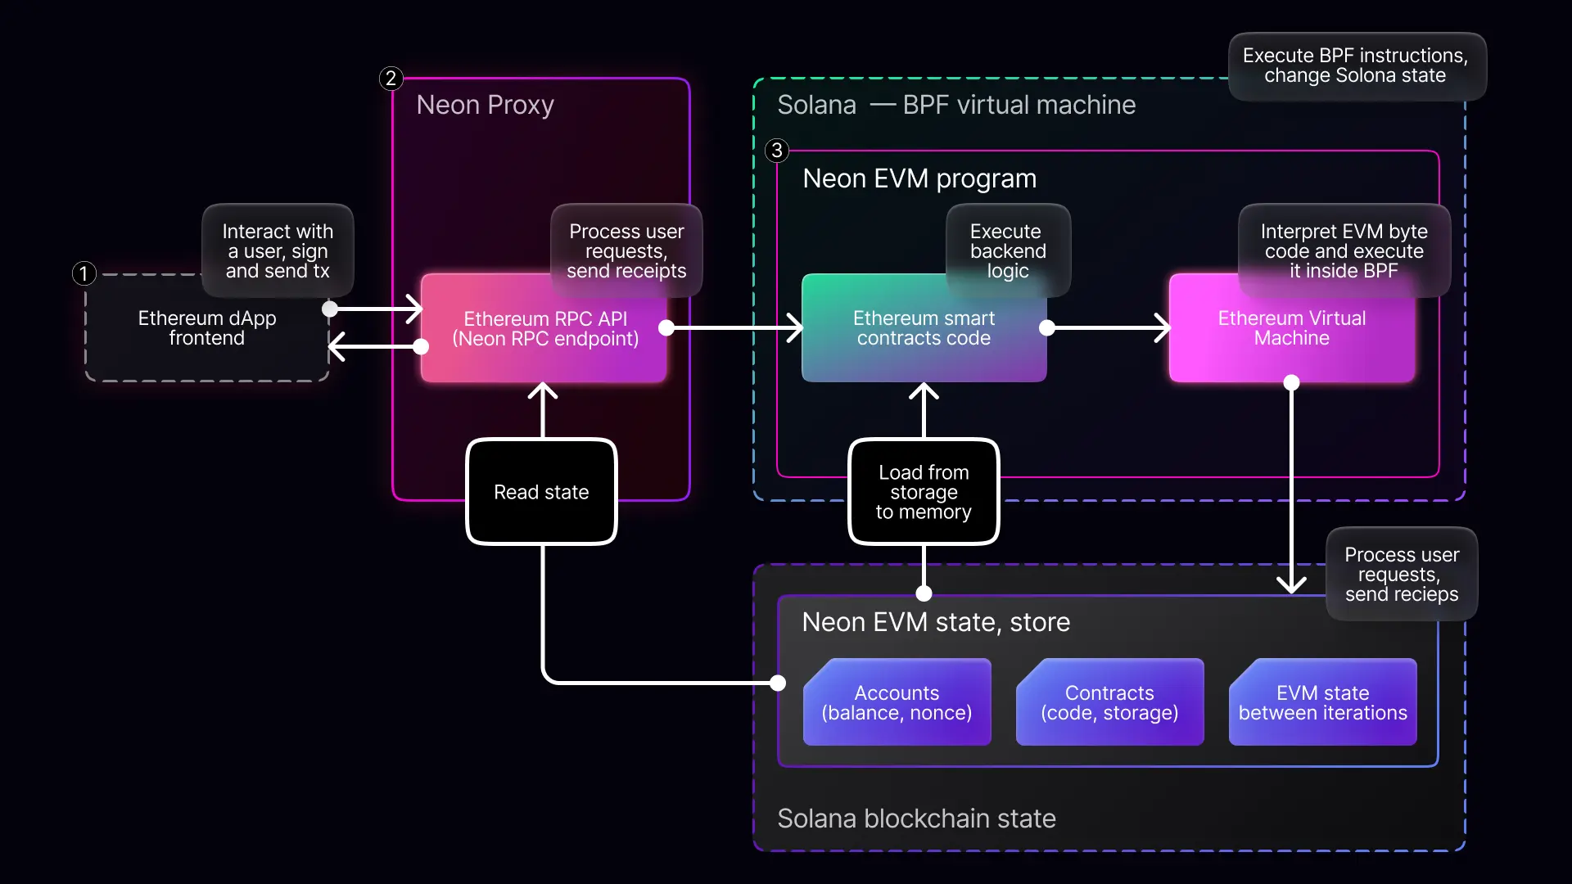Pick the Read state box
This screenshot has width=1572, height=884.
(x=541, y=492)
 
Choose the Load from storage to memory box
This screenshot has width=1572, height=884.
(x=924, y=492)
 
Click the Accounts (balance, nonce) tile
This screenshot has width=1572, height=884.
(x=897, y=702)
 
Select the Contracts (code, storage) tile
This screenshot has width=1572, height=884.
(x=1109, y=702)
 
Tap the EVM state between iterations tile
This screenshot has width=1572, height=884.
(x=1322, y=702)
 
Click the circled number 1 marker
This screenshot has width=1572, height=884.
(x=84, y=273)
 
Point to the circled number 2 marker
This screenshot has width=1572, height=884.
(x=391, y=79)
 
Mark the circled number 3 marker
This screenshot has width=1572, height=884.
(x=776, y=151)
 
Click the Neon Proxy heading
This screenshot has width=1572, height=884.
(x=485, y=105)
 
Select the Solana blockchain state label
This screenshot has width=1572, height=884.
(x=916, y=819)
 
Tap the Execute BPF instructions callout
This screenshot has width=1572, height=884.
(x=1355, y=65)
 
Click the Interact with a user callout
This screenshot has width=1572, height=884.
(x=278, y=250)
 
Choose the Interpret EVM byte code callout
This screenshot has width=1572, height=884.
(x=1344, y=250)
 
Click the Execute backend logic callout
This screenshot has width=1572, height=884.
(x=1008, y=250)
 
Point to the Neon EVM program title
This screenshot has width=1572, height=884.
(x=919, y=178)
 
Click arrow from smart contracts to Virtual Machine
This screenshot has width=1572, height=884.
(x=1109, y=328)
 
